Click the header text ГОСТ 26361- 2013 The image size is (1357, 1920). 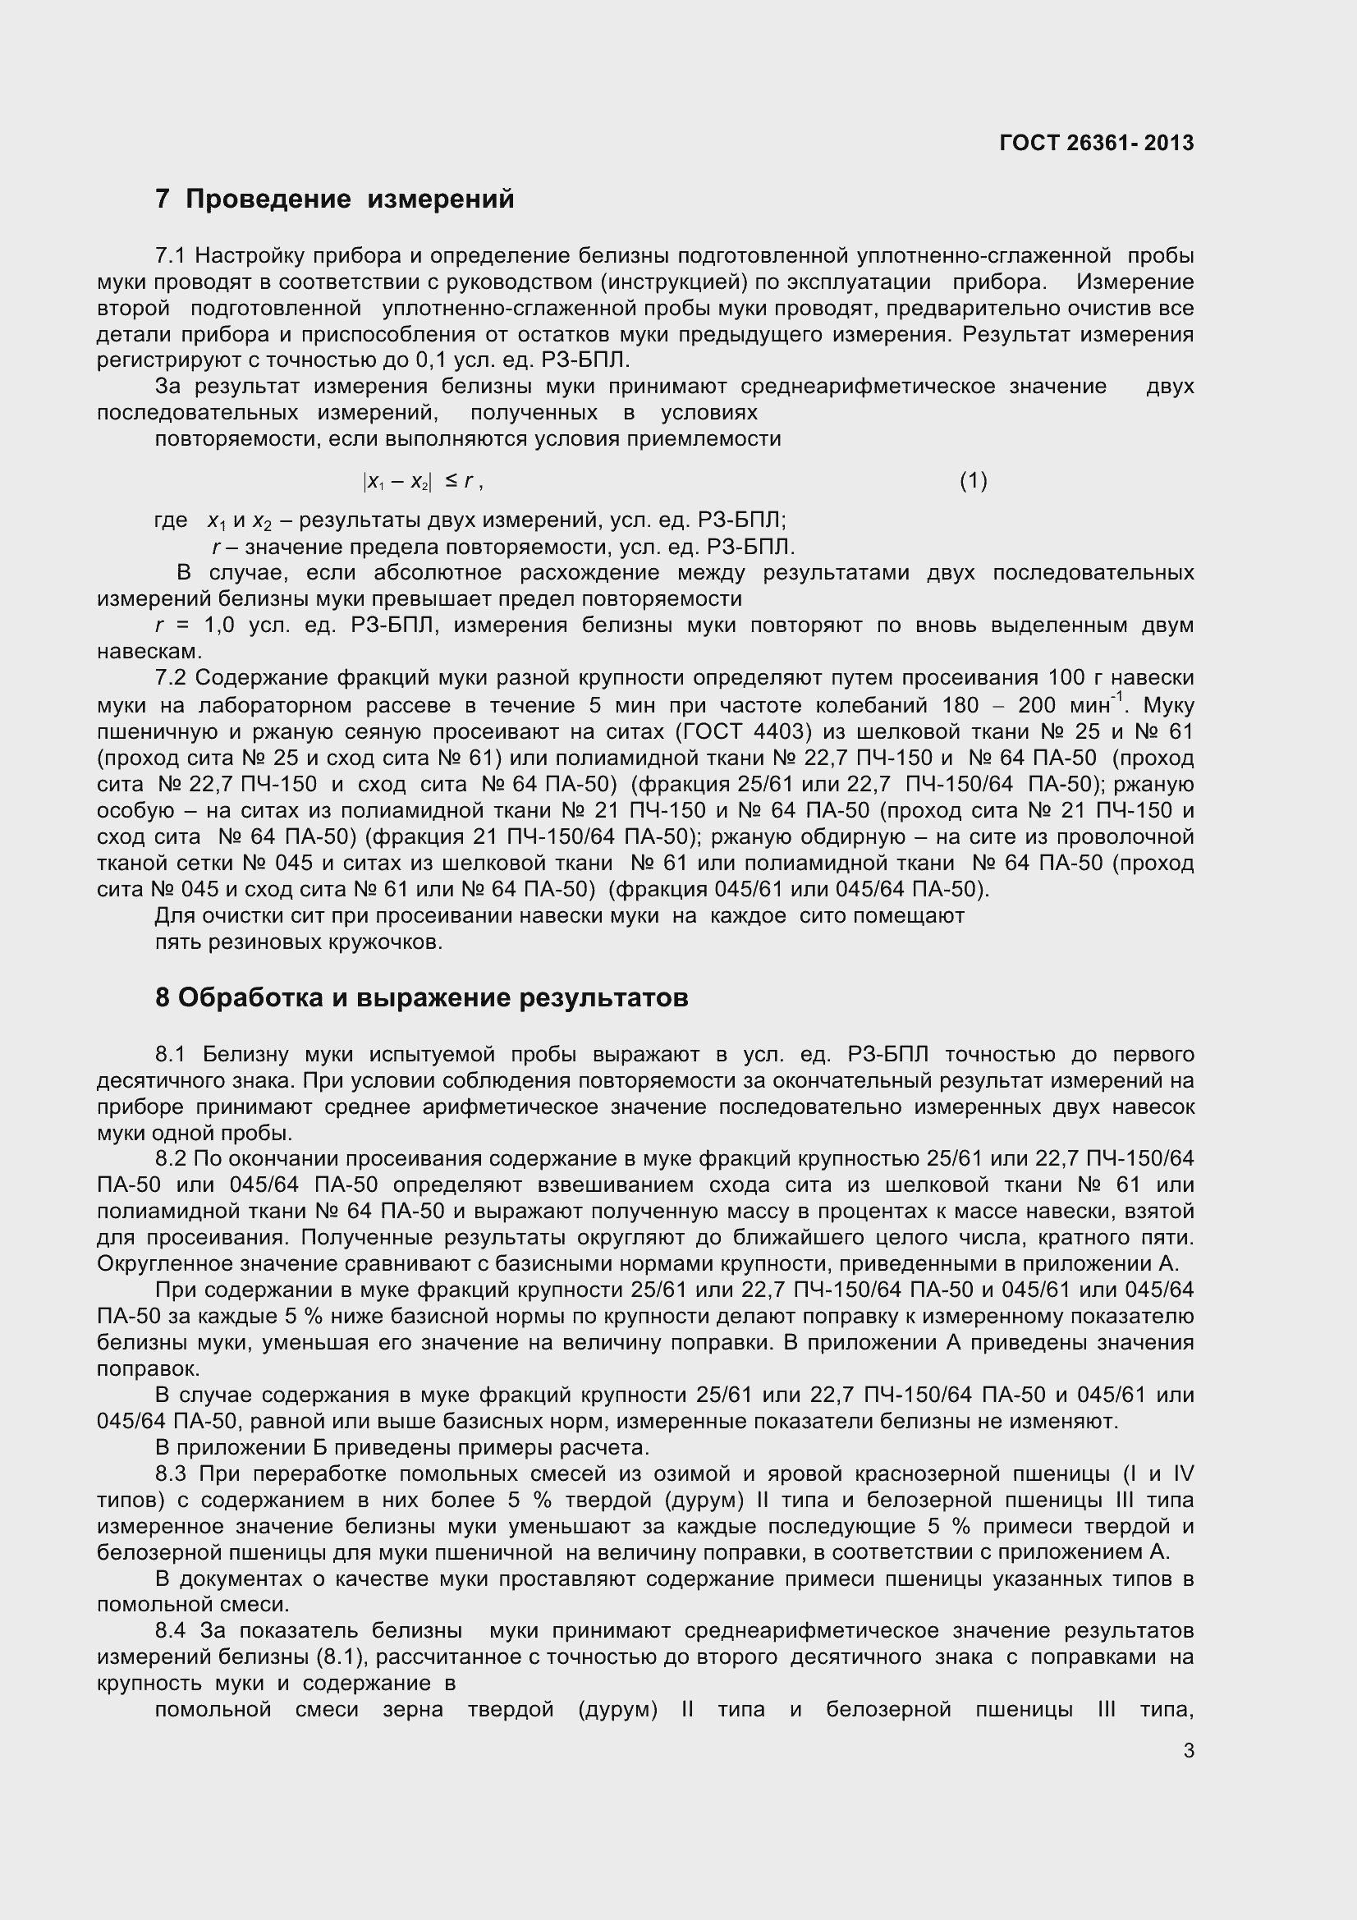click(x=1096, y=143)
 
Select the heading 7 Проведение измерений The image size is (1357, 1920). click(x=334, y=199)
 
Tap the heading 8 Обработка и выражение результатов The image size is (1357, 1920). click(x=421, y=997)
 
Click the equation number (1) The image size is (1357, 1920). click(x=974, y=481)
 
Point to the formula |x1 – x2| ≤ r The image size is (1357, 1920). click(x=421, y=482)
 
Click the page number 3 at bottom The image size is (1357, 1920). click(x=1189, y=1750)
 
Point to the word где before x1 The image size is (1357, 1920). click(x=171, y=520)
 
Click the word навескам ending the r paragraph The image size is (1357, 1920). click(x=149, y=652)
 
